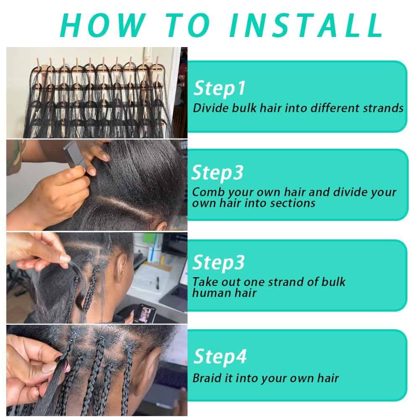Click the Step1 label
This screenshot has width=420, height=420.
pyautogui.click(x=219, y=88)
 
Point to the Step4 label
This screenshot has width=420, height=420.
pyautogui.click(x=220, y=357)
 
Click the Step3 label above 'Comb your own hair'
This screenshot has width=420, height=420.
pyautogui.click(x=218, y=173)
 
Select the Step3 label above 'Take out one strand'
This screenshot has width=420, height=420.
pyautogui.click(x=218, y=262)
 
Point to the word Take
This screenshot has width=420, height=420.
pyautogui.click(x=204, y=282)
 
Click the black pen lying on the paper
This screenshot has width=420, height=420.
pyautogui.click(x=158, y=283)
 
